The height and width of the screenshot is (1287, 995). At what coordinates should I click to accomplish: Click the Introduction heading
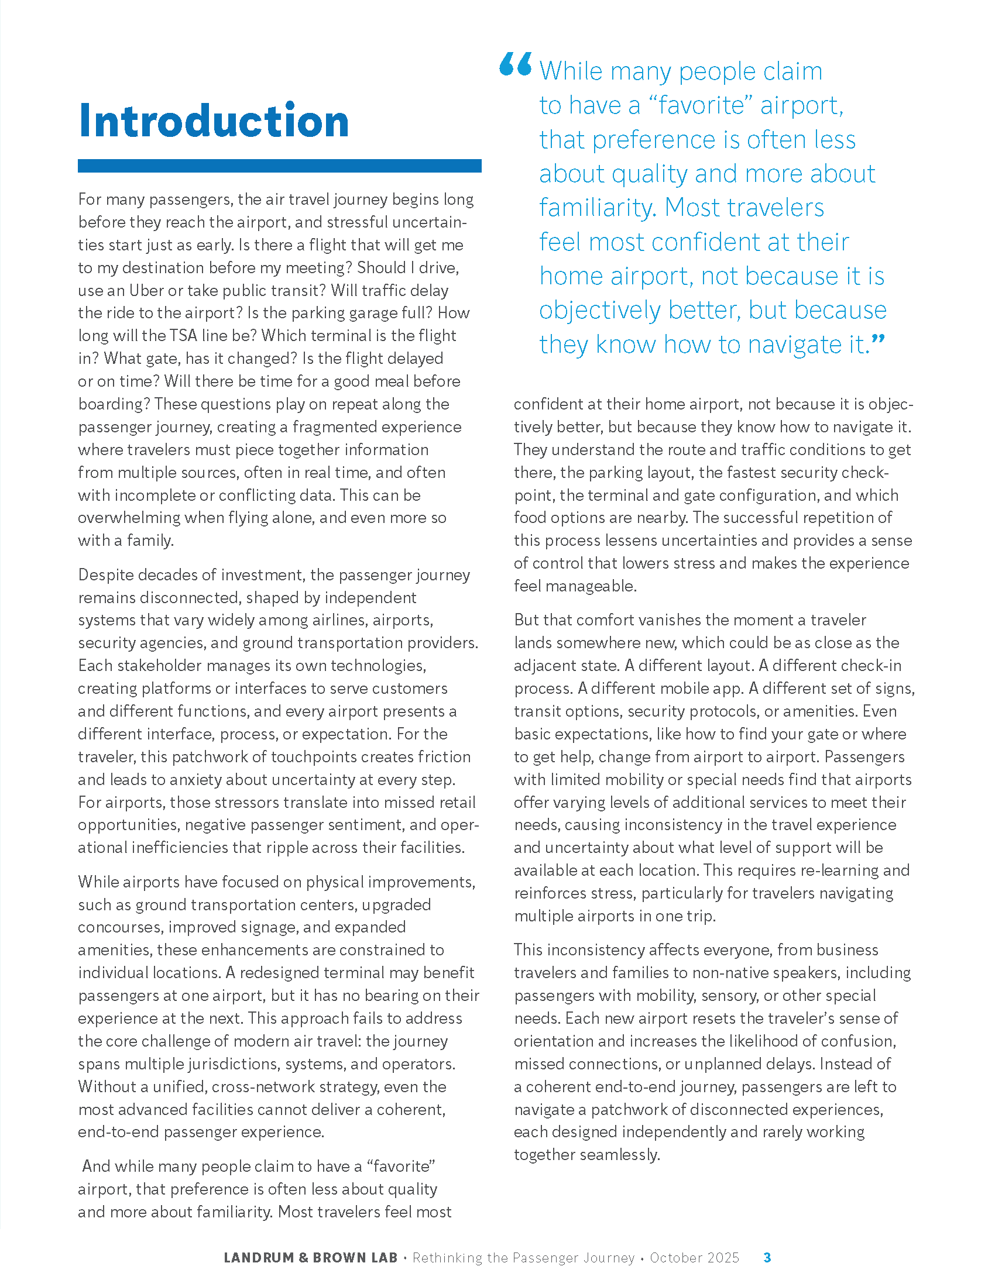214,121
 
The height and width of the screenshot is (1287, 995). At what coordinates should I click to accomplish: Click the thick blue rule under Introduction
279,166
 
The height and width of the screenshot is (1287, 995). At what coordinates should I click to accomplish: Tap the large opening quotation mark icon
515,65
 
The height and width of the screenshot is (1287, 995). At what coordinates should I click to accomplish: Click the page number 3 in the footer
767,1257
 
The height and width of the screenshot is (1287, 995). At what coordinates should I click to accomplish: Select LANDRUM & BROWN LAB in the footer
311,1258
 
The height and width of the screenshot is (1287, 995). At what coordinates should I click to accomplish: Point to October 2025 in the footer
694,1258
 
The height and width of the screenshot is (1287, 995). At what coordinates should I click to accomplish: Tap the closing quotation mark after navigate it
879,340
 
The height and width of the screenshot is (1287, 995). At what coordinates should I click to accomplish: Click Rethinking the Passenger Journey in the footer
523,1258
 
